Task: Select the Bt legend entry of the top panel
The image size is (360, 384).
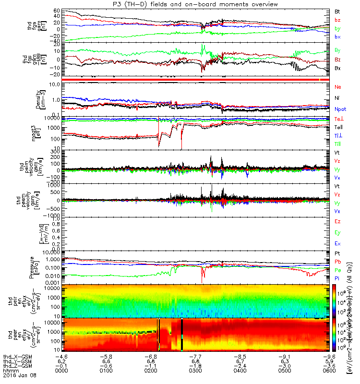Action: coord(337,11)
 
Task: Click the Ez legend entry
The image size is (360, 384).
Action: coord(337,221)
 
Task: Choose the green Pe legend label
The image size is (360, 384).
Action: coord(338,270)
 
